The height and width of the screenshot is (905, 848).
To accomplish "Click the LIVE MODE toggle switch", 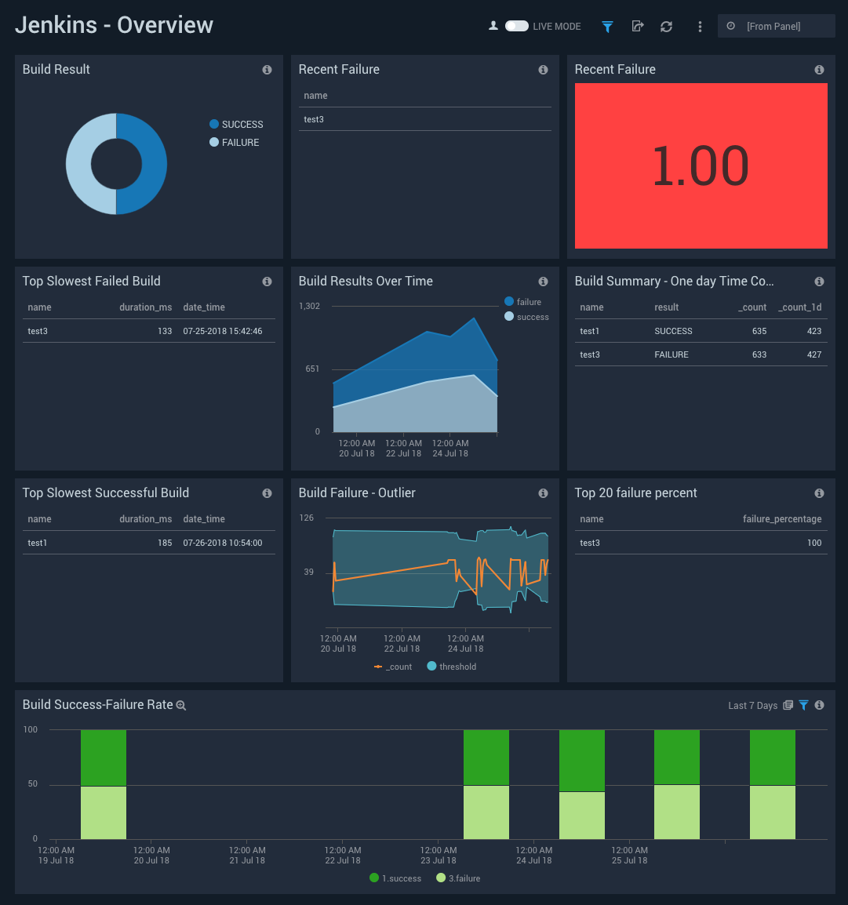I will (516, 26).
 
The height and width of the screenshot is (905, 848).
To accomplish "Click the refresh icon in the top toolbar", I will (666, 26).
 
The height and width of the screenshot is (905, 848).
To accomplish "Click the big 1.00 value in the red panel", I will (701, 166).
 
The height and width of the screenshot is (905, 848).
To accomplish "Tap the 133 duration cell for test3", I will (165, 331).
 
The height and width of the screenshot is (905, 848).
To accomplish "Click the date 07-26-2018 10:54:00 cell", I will (223, 543).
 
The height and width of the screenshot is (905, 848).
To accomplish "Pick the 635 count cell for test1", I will (759, 331).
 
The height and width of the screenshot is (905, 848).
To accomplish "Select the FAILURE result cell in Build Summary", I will (671, 354).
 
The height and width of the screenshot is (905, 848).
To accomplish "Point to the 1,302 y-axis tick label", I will (309, 306).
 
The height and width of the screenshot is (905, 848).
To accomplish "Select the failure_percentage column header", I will (782, 519).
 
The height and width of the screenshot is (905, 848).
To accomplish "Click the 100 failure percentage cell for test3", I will (814, 543).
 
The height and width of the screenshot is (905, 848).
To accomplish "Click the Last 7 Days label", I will (752, 706).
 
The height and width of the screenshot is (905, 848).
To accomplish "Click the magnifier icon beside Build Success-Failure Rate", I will (180, 706).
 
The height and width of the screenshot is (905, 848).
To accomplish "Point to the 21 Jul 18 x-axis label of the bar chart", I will (247, 860).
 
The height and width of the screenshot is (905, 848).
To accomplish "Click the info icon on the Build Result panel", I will (267, 70).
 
